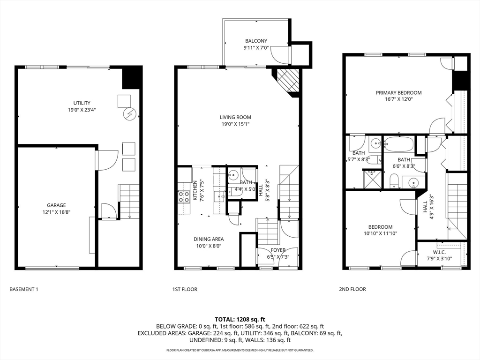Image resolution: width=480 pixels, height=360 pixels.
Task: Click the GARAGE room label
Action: pyautogui.click(x=56, y=205)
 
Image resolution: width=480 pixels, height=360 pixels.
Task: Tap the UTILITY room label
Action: pyautogui.click(x=82, y=103)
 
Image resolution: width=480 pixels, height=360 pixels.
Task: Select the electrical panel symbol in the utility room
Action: pyautogui.click(x=129, y=113)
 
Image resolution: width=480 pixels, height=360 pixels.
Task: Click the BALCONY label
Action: pyautogui.click(x=256, y=41)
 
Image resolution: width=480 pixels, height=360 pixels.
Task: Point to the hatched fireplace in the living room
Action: pyautogui.click(x=286, y=80)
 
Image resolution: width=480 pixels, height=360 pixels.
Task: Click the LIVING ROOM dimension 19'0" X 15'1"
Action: pyautogui.click(x=235, y=124)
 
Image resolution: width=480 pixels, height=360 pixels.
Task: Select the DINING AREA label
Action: pyautogui.click(x=209, y=239)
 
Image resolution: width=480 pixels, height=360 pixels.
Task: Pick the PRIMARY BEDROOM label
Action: pyautogui.click(x=398, y=93)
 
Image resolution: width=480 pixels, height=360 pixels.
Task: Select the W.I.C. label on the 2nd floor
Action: pyautogui.click(x=439, y=252)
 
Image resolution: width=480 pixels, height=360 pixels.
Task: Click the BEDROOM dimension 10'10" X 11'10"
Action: pyautogui.click(x=381, y=233)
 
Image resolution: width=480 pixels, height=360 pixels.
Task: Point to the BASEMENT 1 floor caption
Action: pyautogui.click(x=23, y=289)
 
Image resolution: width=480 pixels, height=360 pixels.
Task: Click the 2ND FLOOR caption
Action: pyautogui.click(x=352, y=289)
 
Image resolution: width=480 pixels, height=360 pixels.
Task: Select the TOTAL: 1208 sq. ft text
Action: pyautogui.click(x=240, y=319)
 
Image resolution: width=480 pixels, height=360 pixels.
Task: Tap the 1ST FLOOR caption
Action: pyautogui.click(x=185, y=289)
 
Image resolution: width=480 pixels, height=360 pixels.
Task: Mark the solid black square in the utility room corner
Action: pyautogui.click(x=132, y=78)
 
